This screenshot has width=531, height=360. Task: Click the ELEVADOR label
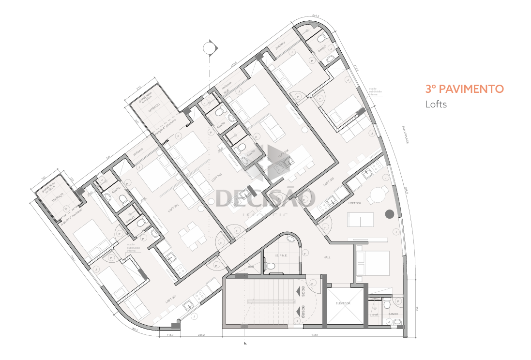click(x=344, y=303)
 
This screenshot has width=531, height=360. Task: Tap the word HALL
click(x=327, y=257)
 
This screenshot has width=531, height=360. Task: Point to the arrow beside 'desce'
click(x=296, y=313)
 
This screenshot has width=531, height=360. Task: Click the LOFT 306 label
click(x=355, y=204)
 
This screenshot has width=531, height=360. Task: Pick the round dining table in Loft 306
click(x=377, y=196)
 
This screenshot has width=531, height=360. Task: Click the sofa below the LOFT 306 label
click(x=361, y=220)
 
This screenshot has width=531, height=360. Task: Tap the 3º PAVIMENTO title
click(x=465, y=89)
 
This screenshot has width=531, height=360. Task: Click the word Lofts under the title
click(x=436, y=104)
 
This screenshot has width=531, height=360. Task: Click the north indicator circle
click(x=209, y=48)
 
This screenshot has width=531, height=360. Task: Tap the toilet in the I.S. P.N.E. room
click(x=271, y=266)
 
